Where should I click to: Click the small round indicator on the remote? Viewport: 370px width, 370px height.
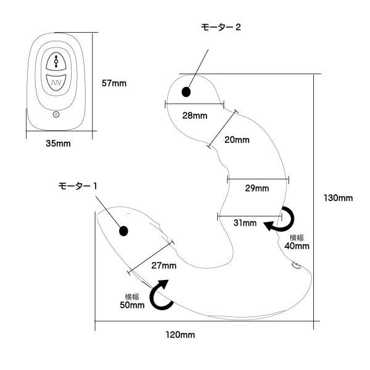[56, 114]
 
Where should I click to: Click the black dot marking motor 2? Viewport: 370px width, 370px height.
[186, 92]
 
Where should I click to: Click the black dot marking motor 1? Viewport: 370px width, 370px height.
[123, 231]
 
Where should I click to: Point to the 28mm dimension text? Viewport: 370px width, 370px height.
[194, 115]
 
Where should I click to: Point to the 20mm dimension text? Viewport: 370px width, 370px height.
[236, 140]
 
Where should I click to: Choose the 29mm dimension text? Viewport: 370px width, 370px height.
[257, 187]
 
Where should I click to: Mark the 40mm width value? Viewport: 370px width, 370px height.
[297, 245]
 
